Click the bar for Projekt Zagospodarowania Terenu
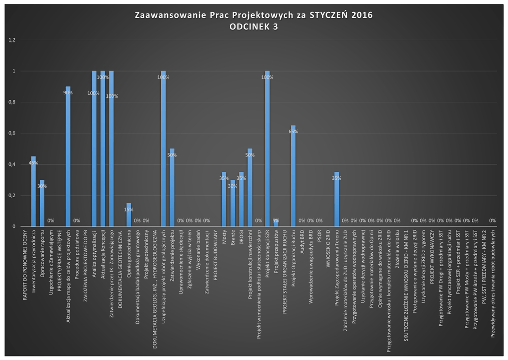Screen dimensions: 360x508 (x=336, y=199)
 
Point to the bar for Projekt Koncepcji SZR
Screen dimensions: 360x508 (x=267, y=149)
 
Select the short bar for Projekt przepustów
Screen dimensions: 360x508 (x=276, y=223)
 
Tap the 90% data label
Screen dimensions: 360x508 (x=68, y=93)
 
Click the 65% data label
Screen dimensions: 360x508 (x=293, y=132)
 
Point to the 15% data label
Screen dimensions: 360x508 (x=128, y=210)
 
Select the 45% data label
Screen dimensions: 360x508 (x=33, y=163)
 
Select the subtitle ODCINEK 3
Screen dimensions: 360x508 (x=254, y=27)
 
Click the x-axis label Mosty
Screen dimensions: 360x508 (x=224, y=238)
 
